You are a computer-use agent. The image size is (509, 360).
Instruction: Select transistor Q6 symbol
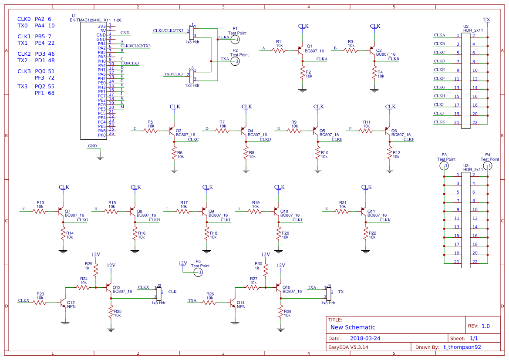tap(387, 131)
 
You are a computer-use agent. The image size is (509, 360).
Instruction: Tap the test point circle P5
tap(198, 272)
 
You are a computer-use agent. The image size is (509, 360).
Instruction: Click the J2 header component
tap(159, 294)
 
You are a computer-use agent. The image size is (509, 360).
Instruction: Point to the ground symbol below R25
tap(111, 329)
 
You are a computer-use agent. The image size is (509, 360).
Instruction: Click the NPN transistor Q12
tap(63, 303)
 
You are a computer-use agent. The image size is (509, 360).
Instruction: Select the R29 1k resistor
tap(96, 270)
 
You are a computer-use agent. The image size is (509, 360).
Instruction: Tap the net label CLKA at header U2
tap(439, 35)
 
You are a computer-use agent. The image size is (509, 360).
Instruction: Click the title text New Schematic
tap(353, 327)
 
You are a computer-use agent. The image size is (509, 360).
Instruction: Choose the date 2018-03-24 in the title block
tap(365, 338)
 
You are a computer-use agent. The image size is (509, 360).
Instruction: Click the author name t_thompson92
tap(462, 347)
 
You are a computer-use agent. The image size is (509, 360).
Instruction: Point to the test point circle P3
tap(444, 166)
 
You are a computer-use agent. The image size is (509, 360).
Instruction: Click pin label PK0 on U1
tap(102, 135)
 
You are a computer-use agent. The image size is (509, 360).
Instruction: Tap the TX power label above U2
tap(487, 20)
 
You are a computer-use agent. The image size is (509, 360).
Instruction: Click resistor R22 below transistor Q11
tap(366, 235)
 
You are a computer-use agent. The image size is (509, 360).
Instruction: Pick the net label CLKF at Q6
tap(409, 140)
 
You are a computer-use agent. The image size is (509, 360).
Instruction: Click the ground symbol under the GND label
tap(100, 158)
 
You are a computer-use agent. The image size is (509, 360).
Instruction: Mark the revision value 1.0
tap(485, 326)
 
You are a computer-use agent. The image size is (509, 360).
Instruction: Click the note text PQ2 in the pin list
tap(40, 86)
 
